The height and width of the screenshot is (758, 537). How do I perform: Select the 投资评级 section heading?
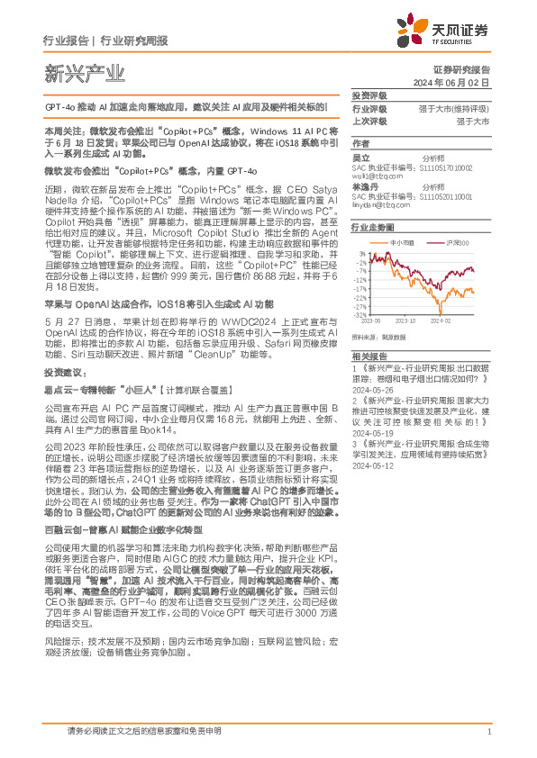(x=369, y=95)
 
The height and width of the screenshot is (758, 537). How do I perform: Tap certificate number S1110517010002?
(x=448, y=167)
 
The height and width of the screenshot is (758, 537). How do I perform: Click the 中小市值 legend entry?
(x=402, y=243)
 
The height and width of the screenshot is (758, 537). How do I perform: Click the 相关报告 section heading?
(x=369, y=356)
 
